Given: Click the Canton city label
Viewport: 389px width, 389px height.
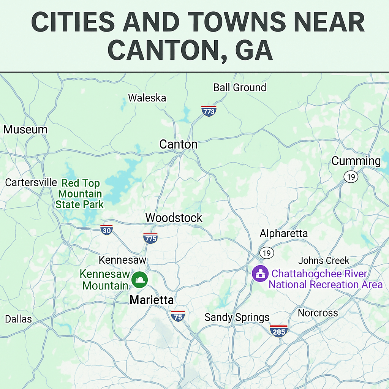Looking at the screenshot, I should (178, 144).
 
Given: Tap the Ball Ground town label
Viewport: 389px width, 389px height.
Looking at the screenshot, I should (239, 87).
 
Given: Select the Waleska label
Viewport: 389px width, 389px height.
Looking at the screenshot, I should (147, 98).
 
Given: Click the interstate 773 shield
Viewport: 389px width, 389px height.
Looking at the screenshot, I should (209, 111).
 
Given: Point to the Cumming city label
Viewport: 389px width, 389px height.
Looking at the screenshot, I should (356, 161).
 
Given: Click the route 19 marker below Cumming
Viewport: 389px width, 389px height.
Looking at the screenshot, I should (351, 177).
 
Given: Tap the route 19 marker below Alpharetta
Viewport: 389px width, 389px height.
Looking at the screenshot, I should (267, 252).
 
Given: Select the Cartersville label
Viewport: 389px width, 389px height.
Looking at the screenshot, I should (31, 182).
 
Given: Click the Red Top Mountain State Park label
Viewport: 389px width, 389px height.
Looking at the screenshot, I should (80, 194).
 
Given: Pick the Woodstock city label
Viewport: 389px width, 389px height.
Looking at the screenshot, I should (174, 218).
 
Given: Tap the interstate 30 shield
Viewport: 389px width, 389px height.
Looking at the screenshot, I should (107, 230).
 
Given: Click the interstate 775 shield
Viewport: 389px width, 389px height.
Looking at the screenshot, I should (150, 238).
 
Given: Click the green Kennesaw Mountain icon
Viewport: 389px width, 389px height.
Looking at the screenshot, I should (139, 280).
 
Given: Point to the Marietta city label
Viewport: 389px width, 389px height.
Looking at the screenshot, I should (152, 300).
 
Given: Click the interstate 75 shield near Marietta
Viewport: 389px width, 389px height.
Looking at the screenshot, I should (177, 316).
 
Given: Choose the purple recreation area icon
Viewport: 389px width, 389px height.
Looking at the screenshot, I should (261, 273).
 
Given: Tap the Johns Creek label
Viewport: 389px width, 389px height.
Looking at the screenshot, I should (324, 261).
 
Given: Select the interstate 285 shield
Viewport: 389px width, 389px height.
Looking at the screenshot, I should (278, 331).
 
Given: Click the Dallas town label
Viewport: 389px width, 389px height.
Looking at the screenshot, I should (18, 319).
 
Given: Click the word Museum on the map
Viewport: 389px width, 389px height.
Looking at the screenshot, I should (25, 130).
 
